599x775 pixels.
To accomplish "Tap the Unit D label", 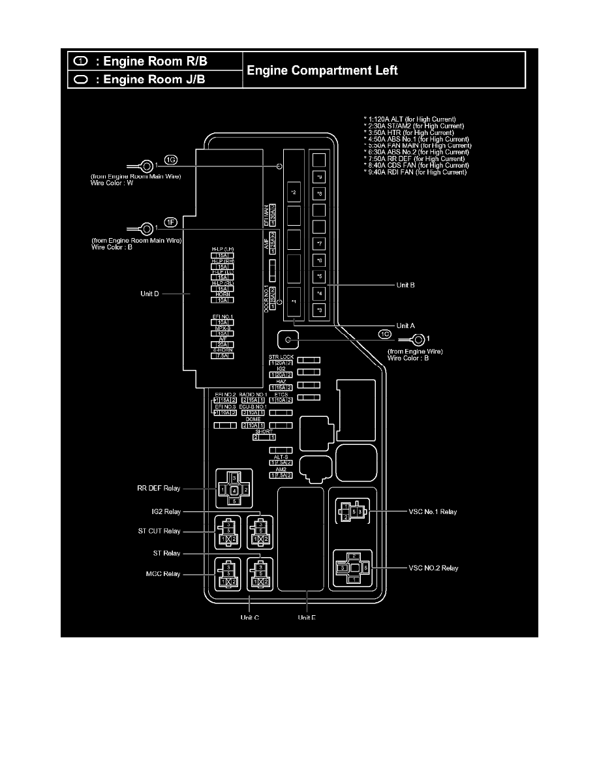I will (150, 294).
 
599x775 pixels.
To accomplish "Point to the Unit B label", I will (405, 285).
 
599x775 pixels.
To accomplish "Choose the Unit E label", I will (307, 618).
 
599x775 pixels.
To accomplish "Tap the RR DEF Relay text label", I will (159, 487).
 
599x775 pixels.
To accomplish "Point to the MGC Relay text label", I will (162, 574).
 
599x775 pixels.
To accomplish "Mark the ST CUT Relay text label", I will (159, 531).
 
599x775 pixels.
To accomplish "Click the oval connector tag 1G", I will (171, 159).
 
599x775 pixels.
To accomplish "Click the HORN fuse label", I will (222, 294).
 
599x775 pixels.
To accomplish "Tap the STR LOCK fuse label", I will (282, 357).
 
